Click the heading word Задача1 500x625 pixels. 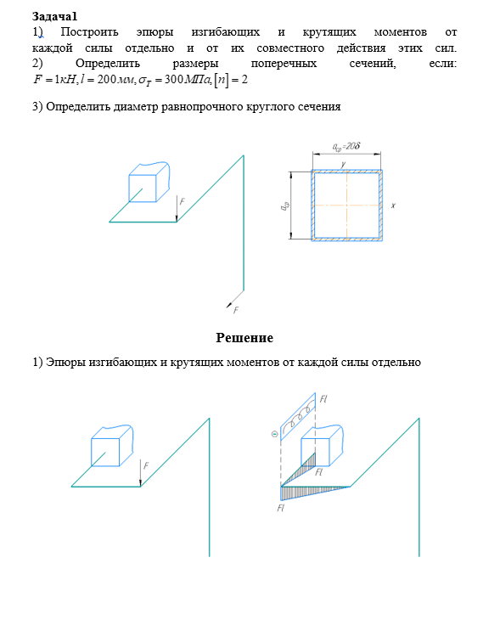(54, 16)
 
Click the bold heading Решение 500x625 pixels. (244, 338)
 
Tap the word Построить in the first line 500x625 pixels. (89, 32)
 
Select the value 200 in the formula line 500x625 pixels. (106, 79)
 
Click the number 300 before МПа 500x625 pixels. (174, 79)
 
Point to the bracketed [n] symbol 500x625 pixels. (222, 80)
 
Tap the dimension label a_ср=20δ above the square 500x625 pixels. (346, 147)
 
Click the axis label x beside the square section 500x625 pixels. (393, 206)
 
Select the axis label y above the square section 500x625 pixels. (343, 164)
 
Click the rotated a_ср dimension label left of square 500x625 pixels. (284, 206)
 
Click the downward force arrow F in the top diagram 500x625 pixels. (177, 208)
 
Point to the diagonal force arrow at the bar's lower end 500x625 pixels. (235, 299)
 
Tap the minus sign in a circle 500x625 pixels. (274, 434)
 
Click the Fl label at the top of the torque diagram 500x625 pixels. (323, 399)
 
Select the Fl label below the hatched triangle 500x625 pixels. (281, 508)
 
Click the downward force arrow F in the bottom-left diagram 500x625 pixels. (141, 473)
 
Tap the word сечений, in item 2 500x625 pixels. (373, 64)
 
